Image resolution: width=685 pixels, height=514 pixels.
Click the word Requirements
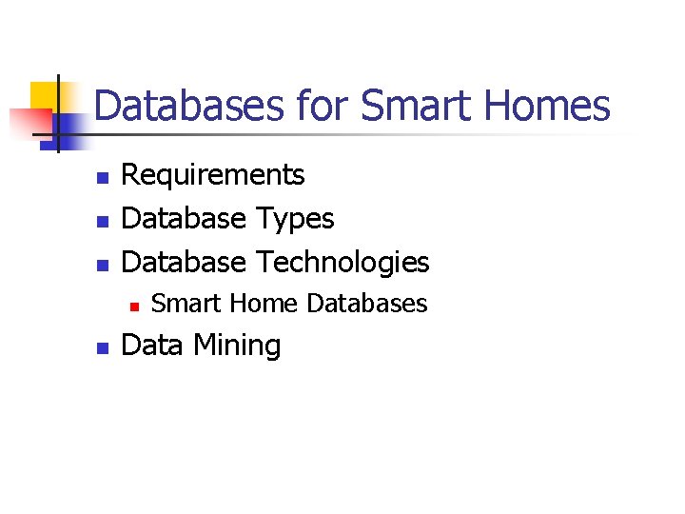coord(213,175)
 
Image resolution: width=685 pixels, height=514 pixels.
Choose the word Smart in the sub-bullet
coord(186,304)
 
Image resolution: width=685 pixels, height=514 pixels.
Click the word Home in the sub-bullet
coord(264,304)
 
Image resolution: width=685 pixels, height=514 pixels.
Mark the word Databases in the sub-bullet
coord(367,304)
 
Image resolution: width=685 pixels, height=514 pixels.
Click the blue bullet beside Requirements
coord(104,178)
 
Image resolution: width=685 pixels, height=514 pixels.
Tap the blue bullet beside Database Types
coord(104,221)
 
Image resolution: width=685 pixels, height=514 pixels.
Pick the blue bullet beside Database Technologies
coord(104,264)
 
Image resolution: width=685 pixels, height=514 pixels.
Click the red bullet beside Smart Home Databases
coord(134,306)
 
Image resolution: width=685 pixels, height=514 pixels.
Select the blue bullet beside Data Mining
coord(104,348)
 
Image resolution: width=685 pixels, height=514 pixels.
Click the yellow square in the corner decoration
coord(45,96)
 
